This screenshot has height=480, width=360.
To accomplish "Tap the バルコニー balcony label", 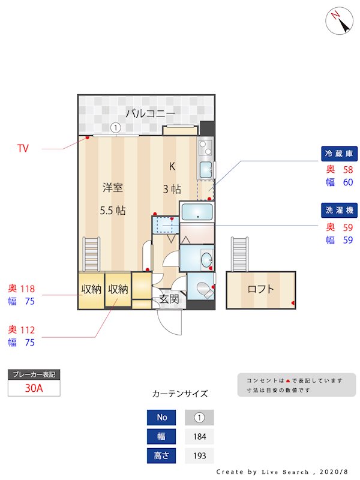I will (150, 113).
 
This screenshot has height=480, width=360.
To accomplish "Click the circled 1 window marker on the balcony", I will (116, 127).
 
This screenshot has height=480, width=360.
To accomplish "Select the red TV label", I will (23, 148).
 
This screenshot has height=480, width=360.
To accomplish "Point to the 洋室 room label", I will (112, 188).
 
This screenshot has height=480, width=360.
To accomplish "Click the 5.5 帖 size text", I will (112, 211).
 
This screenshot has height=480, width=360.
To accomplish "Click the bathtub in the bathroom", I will (197, 212).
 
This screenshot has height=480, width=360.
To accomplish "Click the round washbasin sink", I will (206, 260).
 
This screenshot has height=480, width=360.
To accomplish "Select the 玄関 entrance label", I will (169, 298).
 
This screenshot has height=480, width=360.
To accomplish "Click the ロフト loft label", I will (261, 289).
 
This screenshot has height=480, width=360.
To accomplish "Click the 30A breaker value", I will (34, 388).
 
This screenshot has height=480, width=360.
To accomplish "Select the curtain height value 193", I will (199, 456).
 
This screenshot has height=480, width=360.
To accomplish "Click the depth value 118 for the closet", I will (28, 289).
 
